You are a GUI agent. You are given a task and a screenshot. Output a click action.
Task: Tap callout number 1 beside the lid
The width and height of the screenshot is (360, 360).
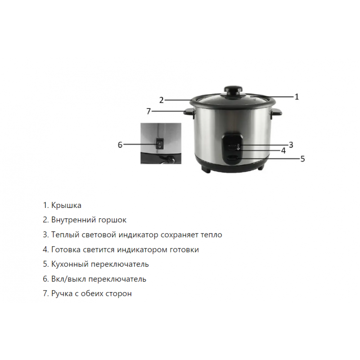(x=297, y=97)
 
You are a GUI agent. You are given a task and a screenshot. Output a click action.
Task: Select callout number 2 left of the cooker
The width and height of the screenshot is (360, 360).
(x=162, y=100)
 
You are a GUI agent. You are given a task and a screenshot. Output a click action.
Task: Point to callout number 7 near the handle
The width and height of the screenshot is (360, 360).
(x=149, y=111)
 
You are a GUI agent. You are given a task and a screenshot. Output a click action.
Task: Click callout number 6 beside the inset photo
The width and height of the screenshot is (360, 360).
(x=120, y=145)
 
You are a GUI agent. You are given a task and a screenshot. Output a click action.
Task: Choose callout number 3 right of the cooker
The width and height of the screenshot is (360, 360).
(x=291, y=145)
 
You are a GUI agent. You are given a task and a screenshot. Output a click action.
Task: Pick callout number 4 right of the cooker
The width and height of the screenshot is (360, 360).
(x=283, y=151)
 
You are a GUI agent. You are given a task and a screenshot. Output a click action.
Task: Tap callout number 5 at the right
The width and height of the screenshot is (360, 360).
(x=302, y=159)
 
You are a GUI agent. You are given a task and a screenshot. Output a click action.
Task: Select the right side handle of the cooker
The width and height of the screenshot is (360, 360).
(x=276, y=112)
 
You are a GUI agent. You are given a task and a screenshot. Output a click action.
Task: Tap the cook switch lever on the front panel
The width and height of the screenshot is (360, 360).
(x=232, y=158)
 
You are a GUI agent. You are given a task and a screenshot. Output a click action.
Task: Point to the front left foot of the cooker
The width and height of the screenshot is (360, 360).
(x=207, y=170)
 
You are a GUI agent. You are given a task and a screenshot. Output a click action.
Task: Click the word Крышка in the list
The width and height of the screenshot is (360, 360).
(x=66, y=205)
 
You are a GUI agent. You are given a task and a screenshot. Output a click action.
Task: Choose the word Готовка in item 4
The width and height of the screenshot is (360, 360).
(x=66, y=250)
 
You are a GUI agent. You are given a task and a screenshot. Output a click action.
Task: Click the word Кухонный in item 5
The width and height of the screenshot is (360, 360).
(x=70, y=265)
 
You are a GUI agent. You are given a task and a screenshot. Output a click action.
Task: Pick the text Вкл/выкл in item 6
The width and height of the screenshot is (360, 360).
(x=69, y=279)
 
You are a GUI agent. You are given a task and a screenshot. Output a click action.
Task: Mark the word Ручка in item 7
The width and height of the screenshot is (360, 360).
(x=62, y=294)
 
